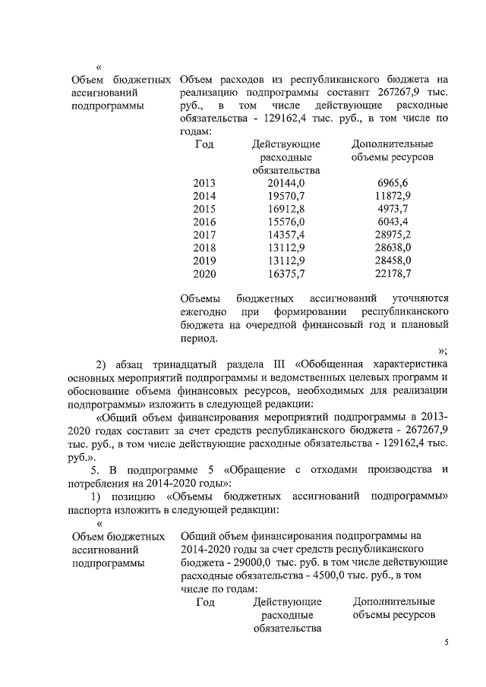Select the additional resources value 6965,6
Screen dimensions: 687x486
[393, 184]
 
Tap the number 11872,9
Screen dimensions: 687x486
[393, 197]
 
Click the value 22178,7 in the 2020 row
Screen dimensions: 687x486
[393, 273]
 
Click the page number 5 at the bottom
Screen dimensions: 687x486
[447, 643]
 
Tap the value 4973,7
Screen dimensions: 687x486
[393, 210]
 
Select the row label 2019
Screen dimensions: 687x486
[204, 260]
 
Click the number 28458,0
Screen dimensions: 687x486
[393, 260]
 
